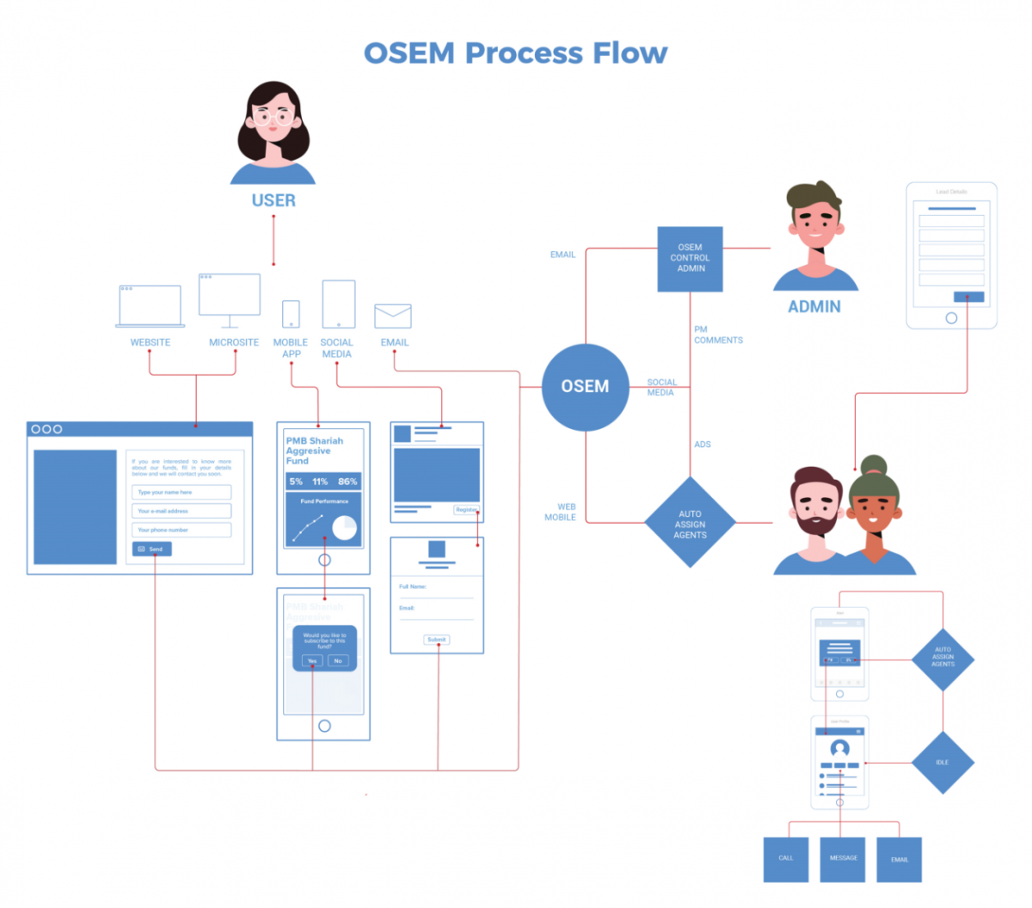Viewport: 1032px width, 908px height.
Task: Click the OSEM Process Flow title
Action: pyautogui.click(x=515, y=53)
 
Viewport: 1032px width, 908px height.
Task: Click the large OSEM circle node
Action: pyautogui.click(x=586, y=387)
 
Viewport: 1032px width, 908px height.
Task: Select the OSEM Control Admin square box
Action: pyautogui.click(x=690, y=259)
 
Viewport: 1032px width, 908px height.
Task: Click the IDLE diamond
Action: pyautogui.click(x=943, y=763)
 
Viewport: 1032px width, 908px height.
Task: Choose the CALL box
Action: pyautogui.click(x=786, y=859)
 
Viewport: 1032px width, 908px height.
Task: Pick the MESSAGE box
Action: pyautogui.click(x=843, y=859)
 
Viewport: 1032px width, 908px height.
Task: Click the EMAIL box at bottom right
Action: pyautogui.click(x=900, y=859)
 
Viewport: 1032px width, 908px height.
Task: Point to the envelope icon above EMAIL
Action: pyautogui.click(x=393, y=316)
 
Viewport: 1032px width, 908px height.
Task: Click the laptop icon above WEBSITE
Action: pyautogui.click(x=150, y=307)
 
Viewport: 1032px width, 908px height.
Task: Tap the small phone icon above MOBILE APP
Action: pyautogui.click(x=292, y=314)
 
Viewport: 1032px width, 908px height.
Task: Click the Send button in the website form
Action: pyautogui.click(x=152, y=549)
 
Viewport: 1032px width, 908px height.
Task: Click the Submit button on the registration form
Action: pyautogui.click(x=437, y=640)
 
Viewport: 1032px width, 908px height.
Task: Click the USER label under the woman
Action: pyautogui.click(x=273, y=200)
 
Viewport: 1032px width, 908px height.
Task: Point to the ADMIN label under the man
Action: pyautogui.click(x=814, y=307)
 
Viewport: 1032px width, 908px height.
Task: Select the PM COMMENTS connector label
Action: pyautogui.click(x=718, y=335)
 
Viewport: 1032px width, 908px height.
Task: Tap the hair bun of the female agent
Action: pyautogui.click(x=874, y=465)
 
